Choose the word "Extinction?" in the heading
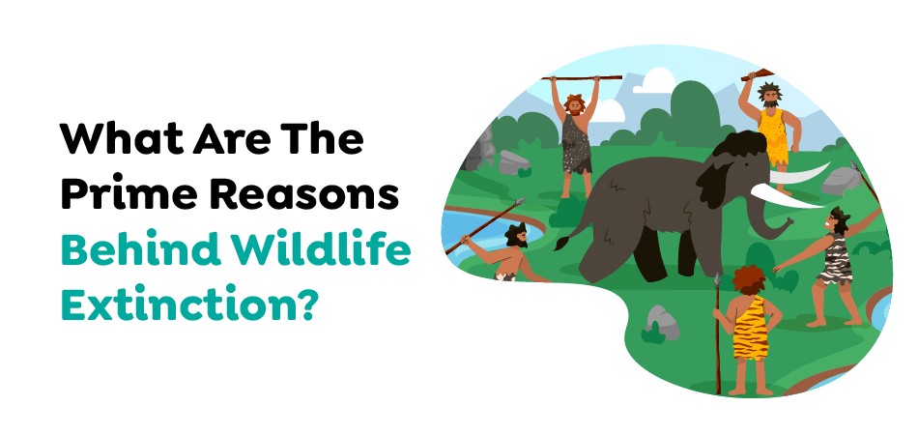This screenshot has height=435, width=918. (x=189, y=304)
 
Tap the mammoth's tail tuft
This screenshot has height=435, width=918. (x=562, y=243)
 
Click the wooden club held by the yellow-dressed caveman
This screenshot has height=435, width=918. (x=757, y=74)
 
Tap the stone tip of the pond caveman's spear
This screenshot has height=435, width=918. (x=519, y=203)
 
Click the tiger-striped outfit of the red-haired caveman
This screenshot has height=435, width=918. (x=750, y=328)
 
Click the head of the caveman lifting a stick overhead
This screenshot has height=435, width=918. (x=574, y=105)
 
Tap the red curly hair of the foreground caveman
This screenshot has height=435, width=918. (x=748, y=278)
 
